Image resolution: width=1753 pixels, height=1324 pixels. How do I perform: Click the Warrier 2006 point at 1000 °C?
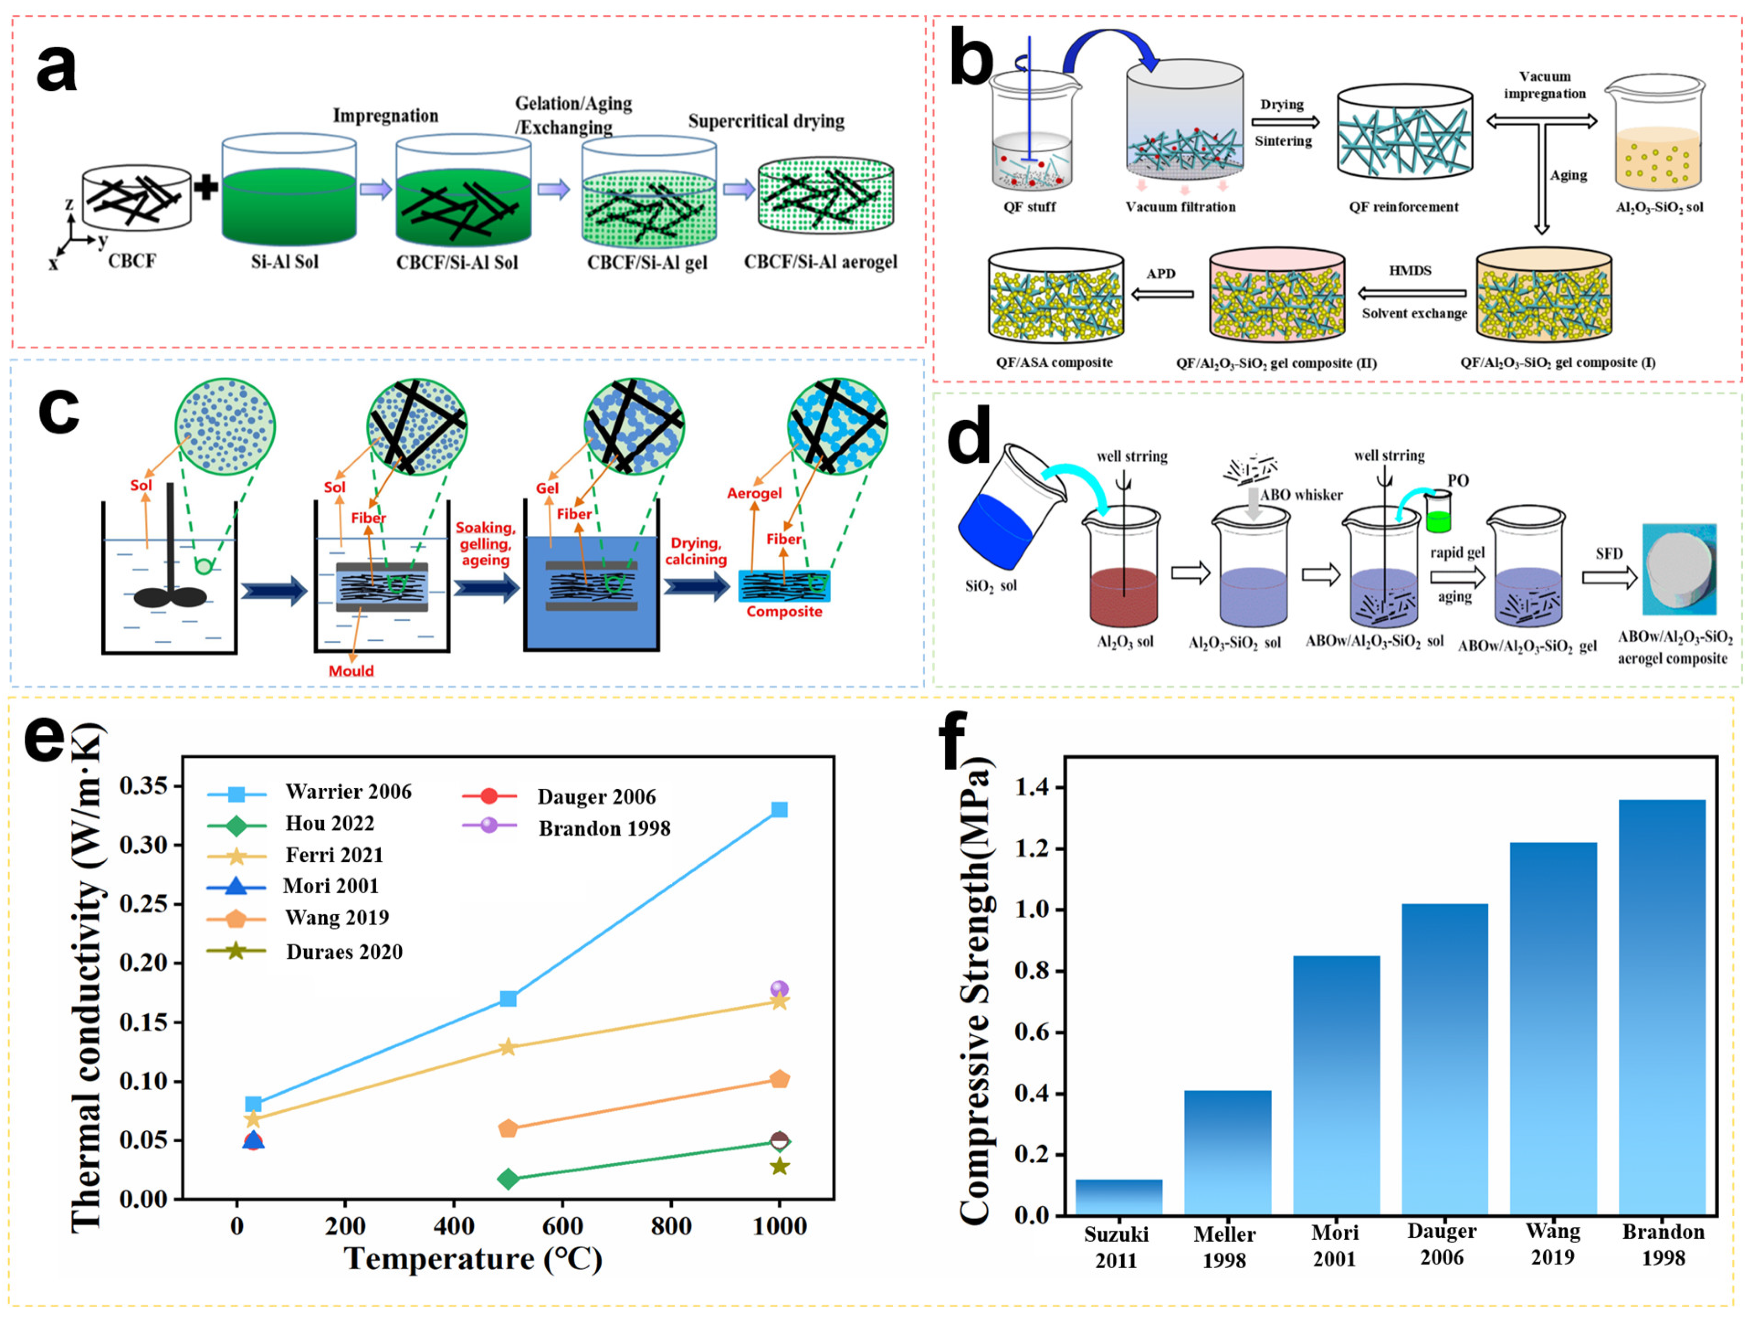click(779, 809)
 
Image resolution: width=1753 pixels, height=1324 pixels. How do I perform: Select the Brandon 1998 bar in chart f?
click(1662, 1007)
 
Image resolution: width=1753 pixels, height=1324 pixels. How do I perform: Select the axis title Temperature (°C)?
click(473, 1259)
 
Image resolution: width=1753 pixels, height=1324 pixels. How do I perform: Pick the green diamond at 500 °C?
click(509, 1179)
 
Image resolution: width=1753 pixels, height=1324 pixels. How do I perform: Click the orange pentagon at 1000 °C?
click(779, 1080)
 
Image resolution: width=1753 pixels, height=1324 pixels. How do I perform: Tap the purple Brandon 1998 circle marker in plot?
click(779, 989)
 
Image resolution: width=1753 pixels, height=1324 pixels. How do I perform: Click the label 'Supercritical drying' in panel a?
click(766, 121)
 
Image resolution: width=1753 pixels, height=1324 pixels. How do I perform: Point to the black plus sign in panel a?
click(206, 188)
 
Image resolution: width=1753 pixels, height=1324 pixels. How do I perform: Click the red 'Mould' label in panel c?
click(351, 671)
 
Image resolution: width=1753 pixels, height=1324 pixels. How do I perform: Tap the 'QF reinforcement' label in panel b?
click(1403, 207)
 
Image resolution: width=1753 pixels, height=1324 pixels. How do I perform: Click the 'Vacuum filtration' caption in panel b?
click(1180, 207)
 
